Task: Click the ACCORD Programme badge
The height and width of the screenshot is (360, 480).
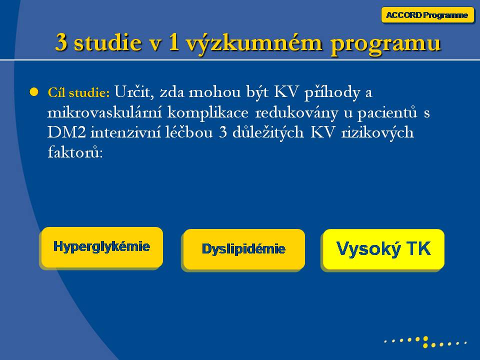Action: click(427, 15)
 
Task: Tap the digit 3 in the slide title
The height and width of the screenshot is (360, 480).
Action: click(61, 42)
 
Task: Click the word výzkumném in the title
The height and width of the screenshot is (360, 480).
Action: click(254, 43)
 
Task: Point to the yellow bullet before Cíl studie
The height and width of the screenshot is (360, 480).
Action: click(34, 92)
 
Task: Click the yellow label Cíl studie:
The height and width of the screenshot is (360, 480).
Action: click(78, 92)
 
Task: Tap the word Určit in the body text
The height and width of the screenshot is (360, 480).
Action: click(134, 91)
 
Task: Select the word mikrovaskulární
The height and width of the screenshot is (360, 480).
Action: click(104, 112)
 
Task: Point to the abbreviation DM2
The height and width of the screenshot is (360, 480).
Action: click(66, 132)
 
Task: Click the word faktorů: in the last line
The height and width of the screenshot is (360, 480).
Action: click(75, 152)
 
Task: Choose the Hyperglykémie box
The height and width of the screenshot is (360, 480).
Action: click(102, 247)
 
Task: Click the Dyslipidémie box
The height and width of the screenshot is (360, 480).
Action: click(244, 249)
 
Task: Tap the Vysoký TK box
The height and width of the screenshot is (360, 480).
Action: click(383, 249)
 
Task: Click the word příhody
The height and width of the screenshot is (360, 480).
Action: click(332, 92)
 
